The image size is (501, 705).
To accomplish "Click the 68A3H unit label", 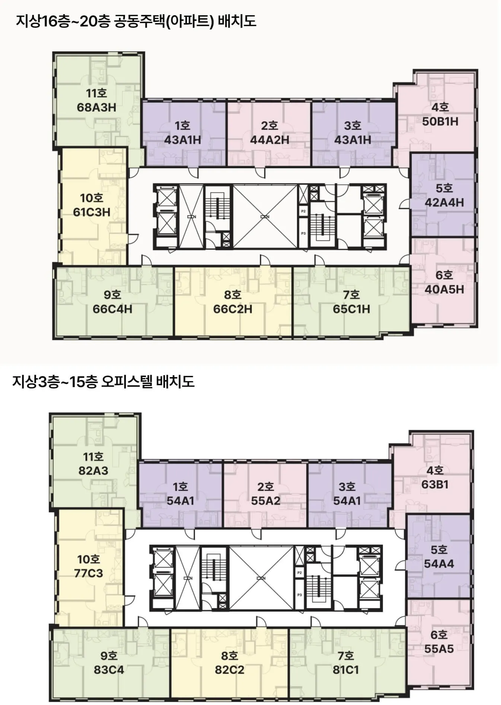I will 96,108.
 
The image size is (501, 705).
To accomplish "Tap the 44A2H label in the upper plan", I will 269,140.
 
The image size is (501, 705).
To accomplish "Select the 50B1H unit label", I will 440,122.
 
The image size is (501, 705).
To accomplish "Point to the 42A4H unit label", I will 444,202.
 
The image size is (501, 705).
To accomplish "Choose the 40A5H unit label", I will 444,289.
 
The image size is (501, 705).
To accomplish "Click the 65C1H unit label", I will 351,309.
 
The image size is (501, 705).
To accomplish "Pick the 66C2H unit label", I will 233,309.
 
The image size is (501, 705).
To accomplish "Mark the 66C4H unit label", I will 112,309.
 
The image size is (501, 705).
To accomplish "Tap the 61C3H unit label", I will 92,212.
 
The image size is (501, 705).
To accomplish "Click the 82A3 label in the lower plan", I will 93,471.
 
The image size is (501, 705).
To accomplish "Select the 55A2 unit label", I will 265,501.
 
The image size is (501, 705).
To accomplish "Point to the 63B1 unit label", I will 435,485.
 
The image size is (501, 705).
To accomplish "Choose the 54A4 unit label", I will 439,564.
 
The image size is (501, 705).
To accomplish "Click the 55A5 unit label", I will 439,649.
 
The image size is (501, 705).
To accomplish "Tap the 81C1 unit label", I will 346,670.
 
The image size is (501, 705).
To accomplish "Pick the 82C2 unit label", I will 229,670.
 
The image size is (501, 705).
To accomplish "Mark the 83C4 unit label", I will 109,670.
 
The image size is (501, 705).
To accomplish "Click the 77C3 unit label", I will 88,573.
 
